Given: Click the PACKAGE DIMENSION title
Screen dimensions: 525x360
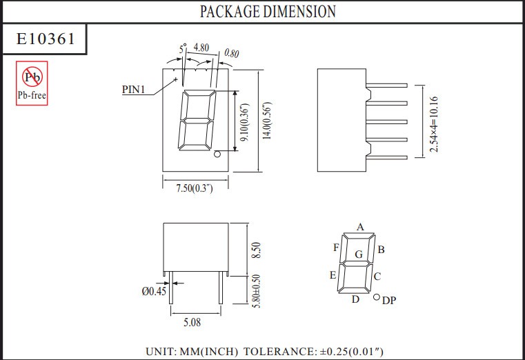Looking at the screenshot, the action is point(268,11).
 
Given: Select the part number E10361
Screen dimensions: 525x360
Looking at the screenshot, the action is point(46,39).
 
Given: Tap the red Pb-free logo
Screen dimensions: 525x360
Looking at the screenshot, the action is point(32,83).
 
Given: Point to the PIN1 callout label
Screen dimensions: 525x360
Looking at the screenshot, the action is point(134,90).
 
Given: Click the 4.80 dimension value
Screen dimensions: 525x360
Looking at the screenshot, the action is point(201,48).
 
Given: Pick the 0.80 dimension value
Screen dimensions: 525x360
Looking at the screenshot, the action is point(232,53).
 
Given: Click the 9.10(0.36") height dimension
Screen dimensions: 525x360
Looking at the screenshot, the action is point(246,122).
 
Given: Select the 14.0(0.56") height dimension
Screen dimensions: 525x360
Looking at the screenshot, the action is point(267,121).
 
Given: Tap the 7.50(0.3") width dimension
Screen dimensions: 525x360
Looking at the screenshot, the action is point(195,188).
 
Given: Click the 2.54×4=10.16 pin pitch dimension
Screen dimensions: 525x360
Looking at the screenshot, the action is point(434,124).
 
